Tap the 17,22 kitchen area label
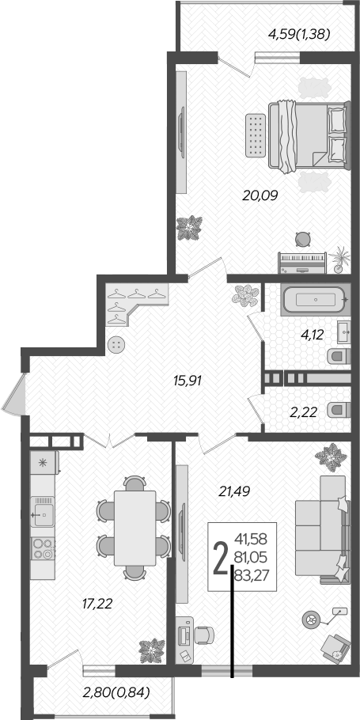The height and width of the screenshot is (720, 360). (x=97, y=604)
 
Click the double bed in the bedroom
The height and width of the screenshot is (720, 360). (x=309, y=135)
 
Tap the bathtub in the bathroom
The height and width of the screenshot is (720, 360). (x=314, y=301)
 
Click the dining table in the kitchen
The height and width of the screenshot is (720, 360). (x=135, y=527)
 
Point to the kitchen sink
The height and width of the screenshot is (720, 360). (x=42, y=514)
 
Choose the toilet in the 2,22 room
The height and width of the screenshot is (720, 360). (x=339, y=409)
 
